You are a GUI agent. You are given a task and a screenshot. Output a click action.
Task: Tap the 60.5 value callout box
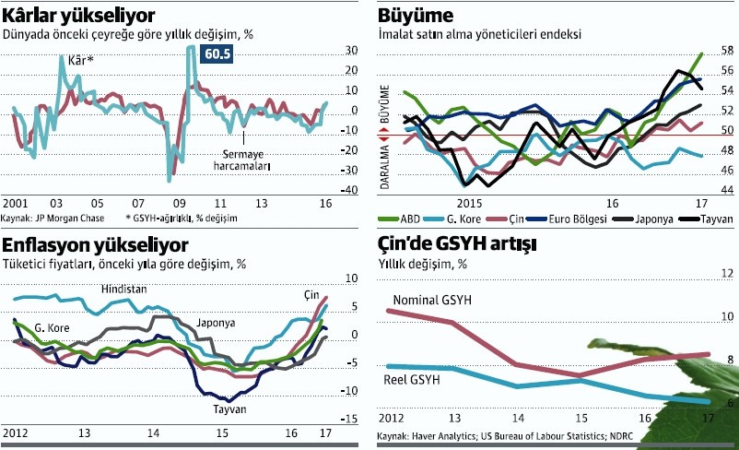tap(217, 54)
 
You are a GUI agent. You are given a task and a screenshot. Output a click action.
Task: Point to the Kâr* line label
tap(83, 61)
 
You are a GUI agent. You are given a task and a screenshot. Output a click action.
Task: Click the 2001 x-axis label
tap(16, 204)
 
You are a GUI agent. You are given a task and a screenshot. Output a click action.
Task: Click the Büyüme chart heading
tap(415, 15)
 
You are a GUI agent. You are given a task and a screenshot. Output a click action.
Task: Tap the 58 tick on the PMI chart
tap(727, 50)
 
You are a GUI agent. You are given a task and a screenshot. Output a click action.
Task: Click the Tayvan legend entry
tap(715, 219)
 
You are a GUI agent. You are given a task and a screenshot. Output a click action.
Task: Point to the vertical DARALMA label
tap(387, 164)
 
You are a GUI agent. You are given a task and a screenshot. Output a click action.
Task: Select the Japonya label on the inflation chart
tap(216, 324)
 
